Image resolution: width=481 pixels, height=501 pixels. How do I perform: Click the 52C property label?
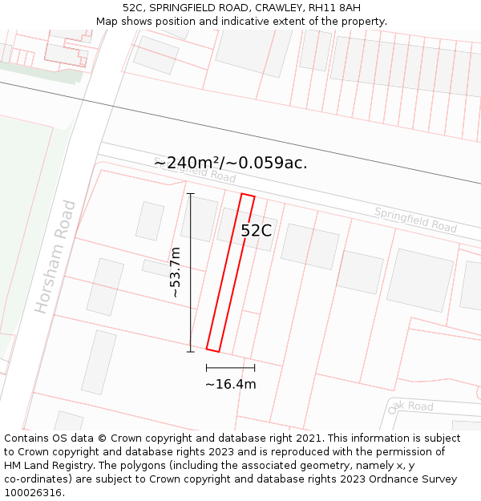tap(257, 231)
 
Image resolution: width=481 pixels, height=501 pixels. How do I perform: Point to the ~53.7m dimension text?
tap(176, 273)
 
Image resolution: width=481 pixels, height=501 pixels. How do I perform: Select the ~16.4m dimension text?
tap(231, 384)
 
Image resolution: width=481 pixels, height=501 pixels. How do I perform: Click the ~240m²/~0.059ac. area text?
tap(231, 163)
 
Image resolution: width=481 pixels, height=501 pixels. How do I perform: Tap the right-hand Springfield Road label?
tap(415, 219)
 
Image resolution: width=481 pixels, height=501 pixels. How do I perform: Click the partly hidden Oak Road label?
tap(410, 406)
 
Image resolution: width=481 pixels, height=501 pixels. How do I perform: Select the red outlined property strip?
tap(231, 273)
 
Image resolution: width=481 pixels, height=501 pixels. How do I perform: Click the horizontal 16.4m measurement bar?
tap(231, 368)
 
